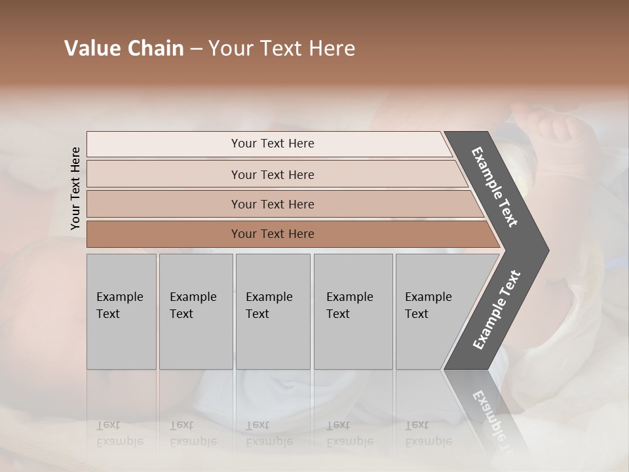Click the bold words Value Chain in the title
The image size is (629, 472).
(x=124, y=49)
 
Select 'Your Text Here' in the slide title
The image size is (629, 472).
(x=282, y=49)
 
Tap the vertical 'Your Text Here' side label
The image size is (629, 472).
(x=75, y=188)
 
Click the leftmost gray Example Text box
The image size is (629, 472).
(x=121, y=311)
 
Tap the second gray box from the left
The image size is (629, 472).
(x=196, y=311)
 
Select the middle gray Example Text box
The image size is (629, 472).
(x=273, y=311)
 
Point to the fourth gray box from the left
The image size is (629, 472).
(x=353, y=311)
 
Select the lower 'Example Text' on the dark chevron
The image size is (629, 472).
(x=497, y=310)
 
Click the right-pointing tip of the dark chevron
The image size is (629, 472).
(x=544, y=250)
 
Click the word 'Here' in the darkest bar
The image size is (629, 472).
(x=301, y=234)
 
